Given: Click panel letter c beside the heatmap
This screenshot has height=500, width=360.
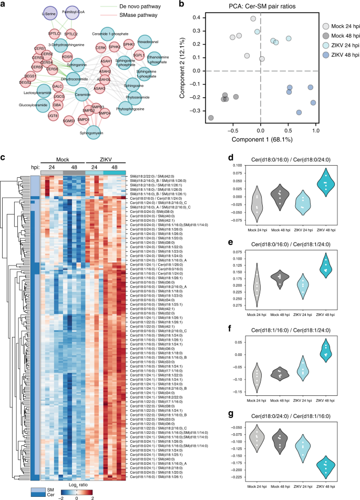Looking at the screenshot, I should (x=4, y=157).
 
